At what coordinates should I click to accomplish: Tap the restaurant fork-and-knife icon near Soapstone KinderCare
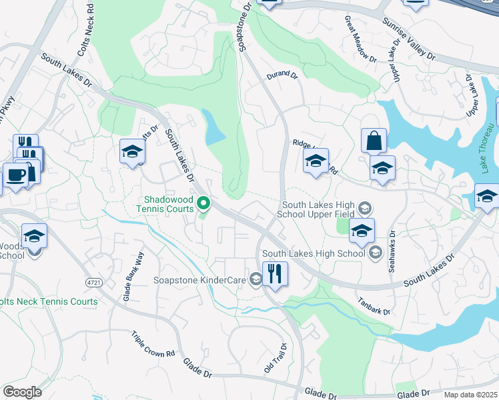(275, 273)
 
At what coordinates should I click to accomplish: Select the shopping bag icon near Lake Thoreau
(374, 141)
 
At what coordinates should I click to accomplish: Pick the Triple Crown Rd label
(152, 344)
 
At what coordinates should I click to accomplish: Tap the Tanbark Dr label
(373, 305)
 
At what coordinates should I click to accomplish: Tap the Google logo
(22, 391)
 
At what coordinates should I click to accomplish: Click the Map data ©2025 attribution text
(470, 395)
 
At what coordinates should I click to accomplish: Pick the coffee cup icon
(15, 175)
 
